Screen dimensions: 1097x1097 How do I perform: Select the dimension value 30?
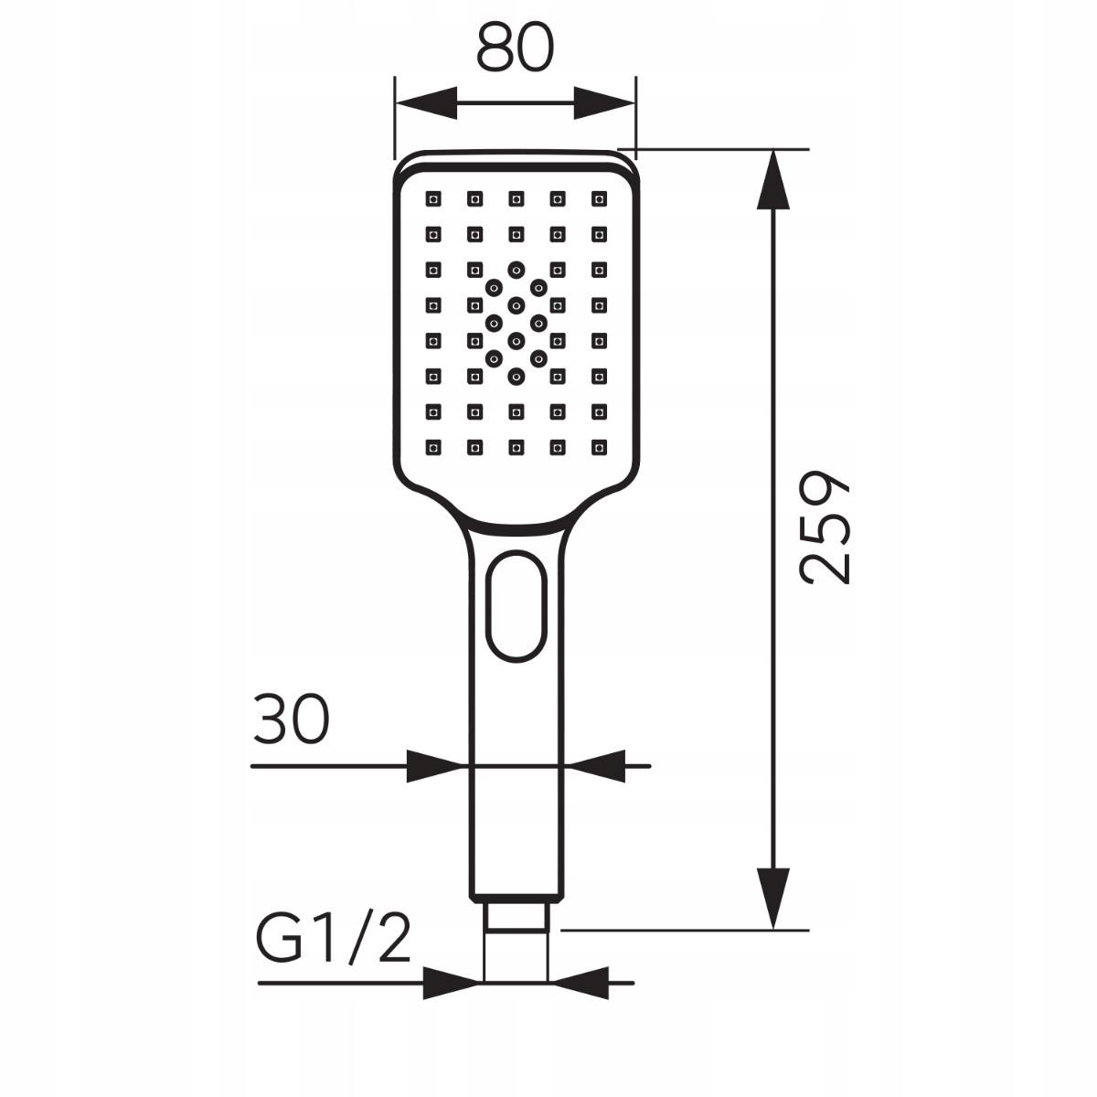292,719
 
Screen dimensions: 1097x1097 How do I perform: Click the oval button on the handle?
516,606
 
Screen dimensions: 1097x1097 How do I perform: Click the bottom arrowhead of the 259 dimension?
773,900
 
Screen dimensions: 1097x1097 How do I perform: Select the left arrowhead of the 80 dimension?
426,103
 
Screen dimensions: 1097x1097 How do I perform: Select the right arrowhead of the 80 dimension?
604,103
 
